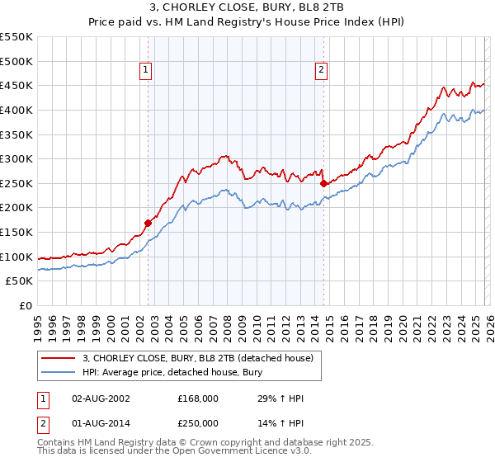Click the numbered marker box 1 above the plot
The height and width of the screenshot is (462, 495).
146,71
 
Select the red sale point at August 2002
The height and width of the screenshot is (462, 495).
148,223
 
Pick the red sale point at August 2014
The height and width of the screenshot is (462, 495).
323,183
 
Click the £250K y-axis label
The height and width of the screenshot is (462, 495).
16,183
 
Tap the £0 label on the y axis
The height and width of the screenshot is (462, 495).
25,305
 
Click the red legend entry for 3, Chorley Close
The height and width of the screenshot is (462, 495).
197,359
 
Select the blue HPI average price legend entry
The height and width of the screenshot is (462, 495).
172,373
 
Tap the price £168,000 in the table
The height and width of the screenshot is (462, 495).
198,398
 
